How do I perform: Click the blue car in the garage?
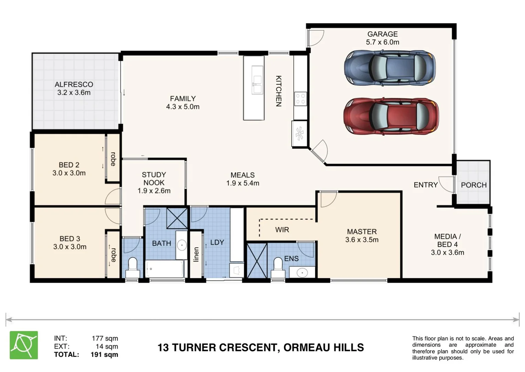pyautogui.click(x=390, y=68)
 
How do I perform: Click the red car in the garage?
pyautogui.click(x=391, y=116)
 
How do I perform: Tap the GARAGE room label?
pyautogui.click(x=383, y=34)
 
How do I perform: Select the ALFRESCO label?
pyautogui.click(x=74, y=84)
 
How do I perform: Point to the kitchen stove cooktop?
pyautogui.click(x=300, y=99)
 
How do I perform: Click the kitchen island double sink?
pyautogui.click(x=257, y=80)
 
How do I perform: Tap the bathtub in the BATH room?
pyautogui.click(x=165, y=269)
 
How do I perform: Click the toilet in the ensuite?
pyautogui.click(x=278, y=268)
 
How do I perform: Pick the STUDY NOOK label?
pyautogui.click(x=154, y=179)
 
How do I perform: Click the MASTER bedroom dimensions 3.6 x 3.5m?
pyautogui.click(x=362, y=239)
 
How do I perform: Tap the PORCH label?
pyautogui.click(x=474, y=185)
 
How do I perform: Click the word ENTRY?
pyautogui.click(x=426, y=185)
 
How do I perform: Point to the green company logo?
pyautogui.click(x=24, y=345)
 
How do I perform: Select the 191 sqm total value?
pyautogui.click(x=104, y=354)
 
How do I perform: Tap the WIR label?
pyautogui.click(x=282, y=230)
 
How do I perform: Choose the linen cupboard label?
pyautogui.click(x=196, y=254)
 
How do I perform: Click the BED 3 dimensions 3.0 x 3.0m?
pyautogui.click(x=69, y=247)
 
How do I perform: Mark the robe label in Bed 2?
pyautogui.click(x=113, y=159)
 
